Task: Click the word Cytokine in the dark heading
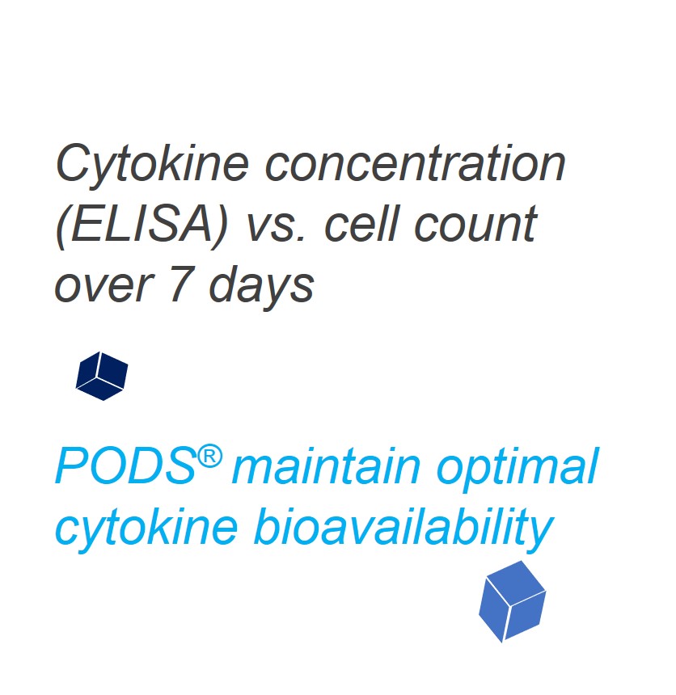click(152, 164)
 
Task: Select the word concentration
click(415, 164)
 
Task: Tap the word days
click(261, 287)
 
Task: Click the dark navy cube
click(102, 376)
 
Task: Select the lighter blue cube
click(513, 601)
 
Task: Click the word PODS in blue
click(126, 466)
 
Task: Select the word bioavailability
click(403, 528)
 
